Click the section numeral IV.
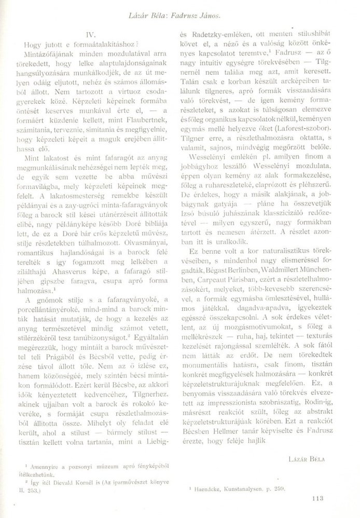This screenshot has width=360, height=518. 91,35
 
